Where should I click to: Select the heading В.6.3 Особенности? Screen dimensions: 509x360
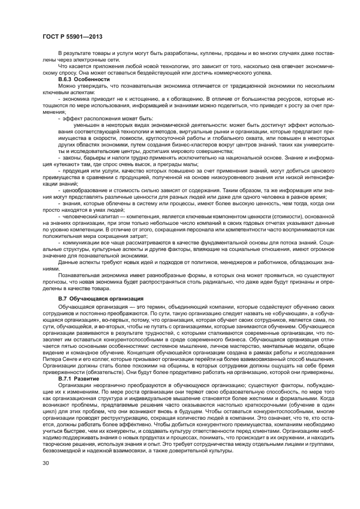coord(84,79)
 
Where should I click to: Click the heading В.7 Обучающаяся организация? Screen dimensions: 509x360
coord(101,299)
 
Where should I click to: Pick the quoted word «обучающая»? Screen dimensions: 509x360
coord(278,314)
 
